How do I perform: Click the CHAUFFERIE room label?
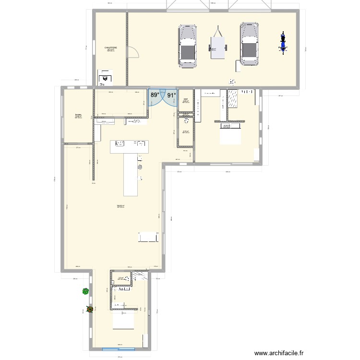click(x=110, y=48)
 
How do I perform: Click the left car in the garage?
click(x=188, y=45)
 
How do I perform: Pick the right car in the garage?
click(x=249, y=44)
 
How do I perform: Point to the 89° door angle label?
click(x=155, y=96)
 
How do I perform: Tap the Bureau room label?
click(x=78, y=115)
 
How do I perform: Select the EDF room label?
click(x=185, y=99)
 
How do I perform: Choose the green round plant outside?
click(x=85, y=291)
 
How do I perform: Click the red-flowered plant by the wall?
click(x=89, y=309)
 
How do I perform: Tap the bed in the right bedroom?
click(x=230, y=137)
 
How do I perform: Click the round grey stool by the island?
click(x=140, y=167)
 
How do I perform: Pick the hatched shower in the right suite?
click(x=233, y=99)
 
